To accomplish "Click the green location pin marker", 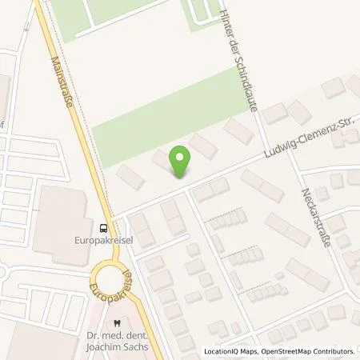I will pos(182,160).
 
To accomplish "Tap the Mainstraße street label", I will pos(66,86).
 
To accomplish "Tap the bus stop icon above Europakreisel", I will pos(103,226).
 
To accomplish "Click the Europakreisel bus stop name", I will pos(103,238).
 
